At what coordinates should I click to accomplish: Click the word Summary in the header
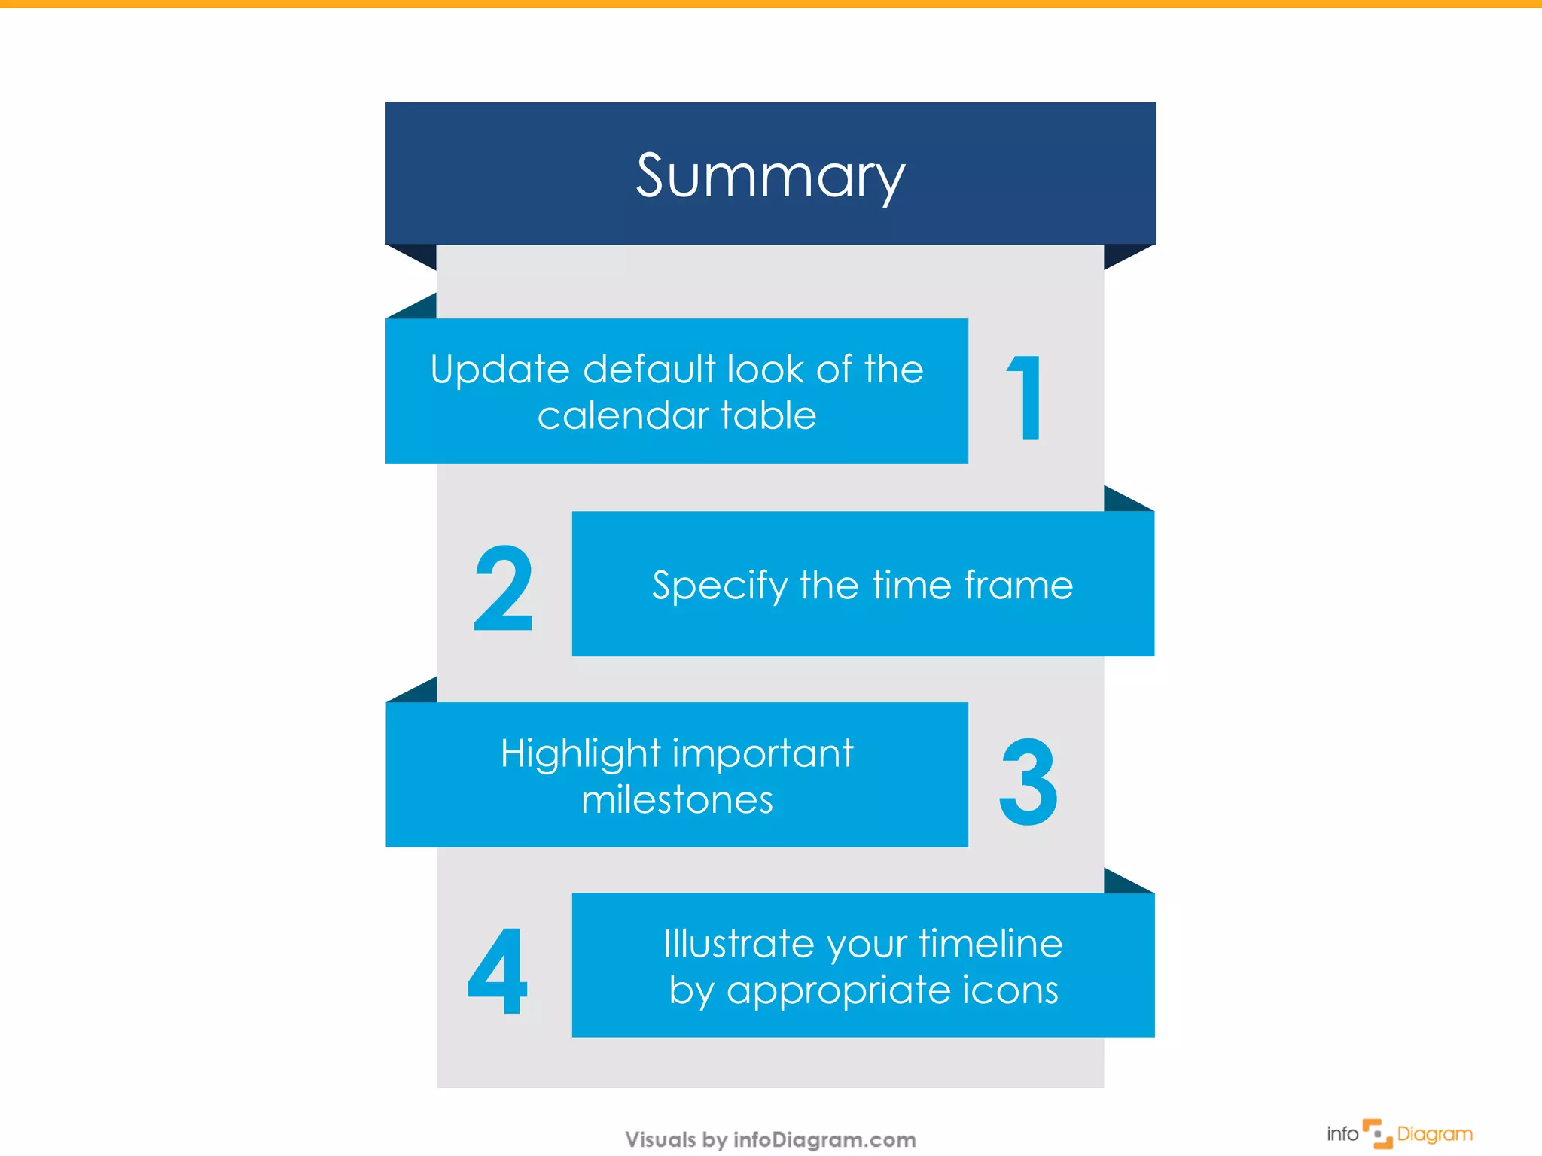(770, 176)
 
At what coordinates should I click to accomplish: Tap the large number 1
(1026, 397)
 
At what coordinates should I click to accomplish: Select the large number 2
(503, 589)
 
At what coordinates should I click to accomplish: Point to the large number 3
(1028, 781)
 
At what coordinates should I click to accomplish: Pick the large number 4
(498, 971)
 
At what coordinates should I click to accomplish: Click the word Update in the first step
(500, 370)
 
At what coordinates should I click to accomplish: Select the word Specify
(719, 586)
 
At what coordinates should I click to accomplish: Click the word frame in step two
(1018, 585)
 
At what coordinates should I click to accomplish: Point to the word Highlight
(581, 754)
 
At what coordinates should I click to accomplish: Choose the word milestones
(677, 800)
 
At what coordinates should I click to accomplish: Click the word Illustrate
(739, 944)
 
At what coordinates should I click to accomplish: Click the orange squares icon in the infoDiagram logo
(1378, 1133)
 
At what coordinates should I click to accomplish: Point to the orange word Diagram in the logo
(1434, 1134)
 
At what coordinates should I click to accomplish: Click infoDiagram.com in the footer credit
(824, 1140)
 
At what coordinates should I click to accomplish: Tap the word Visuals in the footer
(660, 1140)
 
